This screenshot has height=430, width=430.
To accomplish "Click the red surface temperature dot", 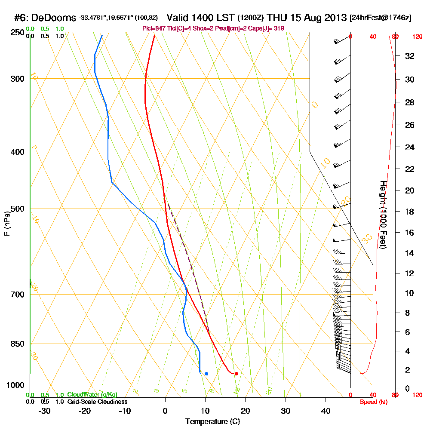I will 236,374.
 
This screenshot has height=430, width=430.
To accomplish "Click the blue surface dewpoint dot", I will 206,374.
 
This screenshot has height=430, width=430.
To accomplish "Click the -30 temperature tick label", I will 45,411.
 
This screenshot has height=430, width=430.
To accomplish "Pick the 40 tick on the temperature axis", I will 326,411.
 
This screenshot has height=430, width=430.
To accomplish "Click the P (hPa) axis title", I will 6,223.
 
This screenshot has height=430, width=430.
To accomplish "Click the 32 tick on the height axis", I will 410,56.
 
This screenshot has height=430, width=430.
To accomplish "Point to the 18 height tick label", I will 410,212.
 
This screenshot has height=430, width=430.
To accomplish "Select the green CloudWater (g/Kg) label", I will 92,394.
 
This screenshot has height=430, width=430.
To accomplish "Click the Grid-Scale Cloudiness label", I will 97,402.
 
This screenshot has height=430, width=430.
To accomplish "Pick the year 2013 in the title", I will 335,18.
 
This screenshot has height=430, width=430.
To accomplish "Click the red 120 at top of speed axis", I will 417,37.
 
